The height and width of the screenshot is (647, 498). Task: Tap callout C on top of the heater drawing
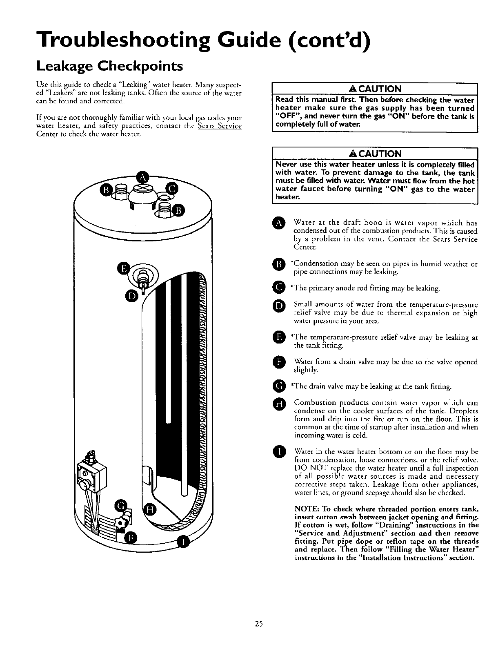(171, 189)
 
